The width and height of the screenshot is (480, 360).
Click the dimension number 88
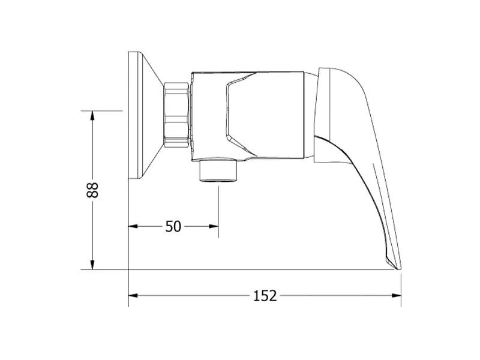(x=92, y=190)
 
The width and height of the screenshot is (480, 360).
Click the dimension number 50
(x=173, y=227)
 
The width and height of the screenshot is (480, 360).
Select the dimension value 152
(x=265, y=296)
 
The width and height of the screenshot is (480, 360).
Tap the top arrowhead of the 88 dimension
(x=92, y=116)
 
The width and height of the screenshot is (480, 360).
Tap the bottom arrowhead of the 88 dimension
(x=92, y=265)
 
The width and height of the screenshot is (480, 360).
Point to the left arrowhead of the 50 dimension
(x=133, y=227)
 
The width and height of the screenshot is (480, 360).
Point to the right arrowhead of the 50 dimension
(x=214, y=227)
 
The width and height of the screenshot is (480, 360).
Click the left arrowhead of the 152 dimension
(x=133, y=295)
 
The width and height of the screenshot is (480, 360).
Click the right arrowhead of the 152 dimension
(x=397, y=295)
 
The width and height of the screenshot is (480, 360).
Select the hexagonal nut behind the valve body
(x=176, y=115)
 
